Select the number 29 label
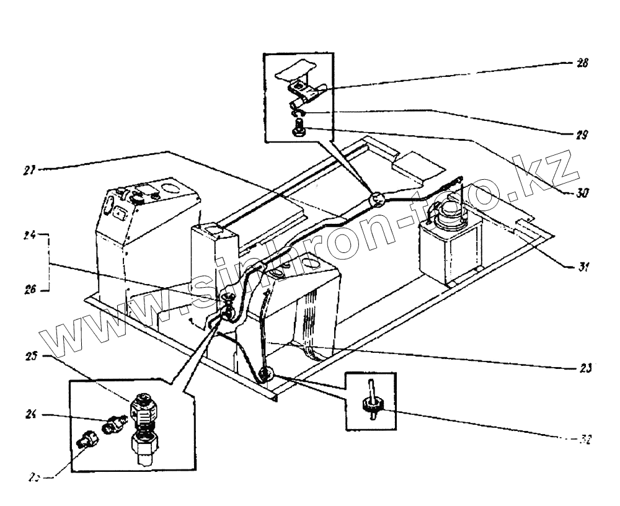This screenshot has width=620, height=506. [582, 134]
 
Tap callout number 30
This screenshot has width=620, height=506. [582, 193]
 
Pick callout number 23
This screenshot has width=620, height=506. [584, 366]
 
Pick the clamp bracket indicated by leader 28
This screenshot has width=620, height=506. [303, 91]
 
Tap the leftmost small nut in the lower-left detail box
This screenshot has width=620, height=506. [84, 442]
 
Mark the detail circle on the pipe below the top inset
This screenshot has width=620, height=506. [377, 200]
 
